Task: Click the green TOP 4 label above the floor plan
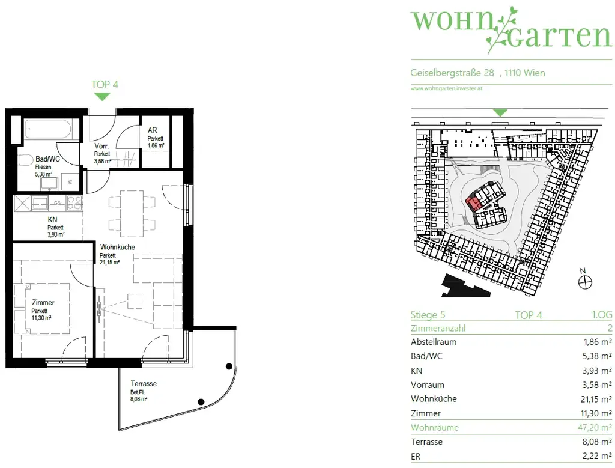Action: click(105, 85)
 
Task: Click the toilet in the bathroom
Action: click(25, 160)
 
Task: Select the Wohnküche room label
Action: click(117, 247)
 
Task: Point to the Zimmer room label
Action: click(43, 303)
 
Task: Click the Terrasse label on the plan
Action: click(144, 384)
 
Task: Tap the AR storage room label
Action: click(153, 129)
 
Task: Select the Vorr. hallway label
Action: click(101, 146)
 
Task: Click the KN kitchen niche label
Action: click(53, 220)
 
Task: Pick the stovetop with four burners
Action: click(74, 203)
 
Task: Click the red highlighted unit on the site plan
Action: click(474, 202)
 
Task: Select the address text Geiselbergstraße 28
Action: click(452, 73)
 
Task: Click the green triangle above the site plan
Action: click(500, 112)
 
